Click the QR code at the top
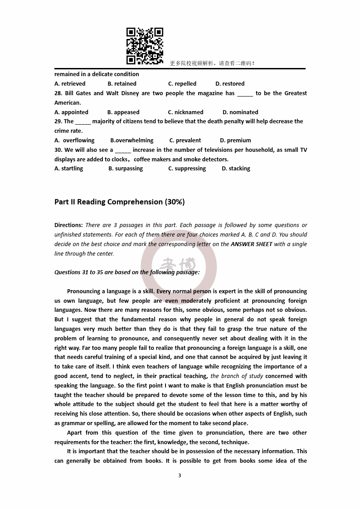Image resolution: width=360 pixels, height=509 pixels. click(x=145, y=46)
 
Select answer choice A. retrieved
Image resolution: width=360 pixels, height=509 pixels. click(x=70, y=84)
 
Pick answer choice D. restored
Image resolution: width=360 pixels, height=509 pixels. click(x=230, y=84)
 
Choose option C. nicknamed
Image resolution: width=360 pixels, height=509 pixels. click(x=186, y=112)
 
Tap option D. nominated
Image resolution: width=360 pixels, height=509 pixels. click(x=240, y=112)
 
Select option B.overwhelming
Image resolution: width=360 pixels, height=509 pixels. click(x=132, y=141)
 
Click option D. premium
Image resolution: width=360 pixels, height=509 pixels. click(x=235, y=141)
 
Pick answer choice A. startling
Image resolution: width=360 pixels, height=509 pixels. click(x=69, y=169)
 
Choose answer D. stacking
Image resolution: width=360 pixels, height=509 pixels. click(x=236, y=169)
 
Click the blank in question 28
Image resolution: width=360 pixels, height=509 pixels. click(x=245, y=94)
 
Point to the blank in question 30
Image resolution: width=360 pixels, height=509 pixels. click(x=123, y=150)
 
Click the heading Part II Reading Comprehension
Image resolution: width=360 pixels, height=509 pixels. click(x=119, y=202)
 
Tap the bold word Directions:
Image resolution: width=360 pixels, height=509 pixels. click(x=68, y=225)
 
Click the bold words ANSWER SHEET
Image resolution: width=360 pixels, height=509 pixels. click(x=252, y=244)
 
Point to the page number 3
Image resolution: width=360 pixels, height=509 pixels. click(x=180, y=475)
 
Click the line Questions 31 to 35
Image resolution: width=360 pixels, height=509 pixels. click(x=127, y=272)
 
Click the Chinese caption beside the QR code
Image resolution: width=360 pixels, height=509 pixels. click(x=212, y=63)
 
